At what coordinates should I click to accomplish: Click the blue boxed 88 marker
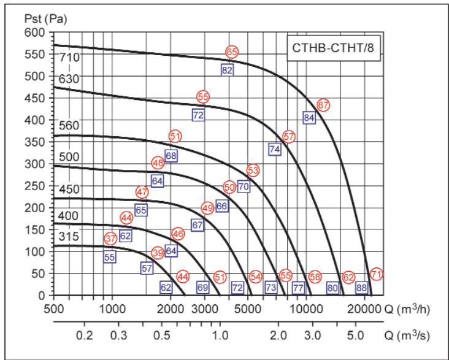tap(361, 287)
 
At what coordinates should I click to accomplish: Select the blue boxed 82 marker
tap(227, 70)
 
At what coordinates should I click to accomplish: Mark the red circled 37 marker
tap(110, 238)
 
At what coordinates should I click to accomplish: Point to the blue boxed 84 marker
tap(309, 118)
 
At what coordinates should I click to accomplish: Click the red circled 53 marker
tap(253, 170)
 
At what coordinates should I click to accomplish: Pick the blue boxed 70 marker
tap(244, 186)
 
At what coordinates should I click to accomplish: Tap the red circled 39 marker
tap(158, 253)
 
